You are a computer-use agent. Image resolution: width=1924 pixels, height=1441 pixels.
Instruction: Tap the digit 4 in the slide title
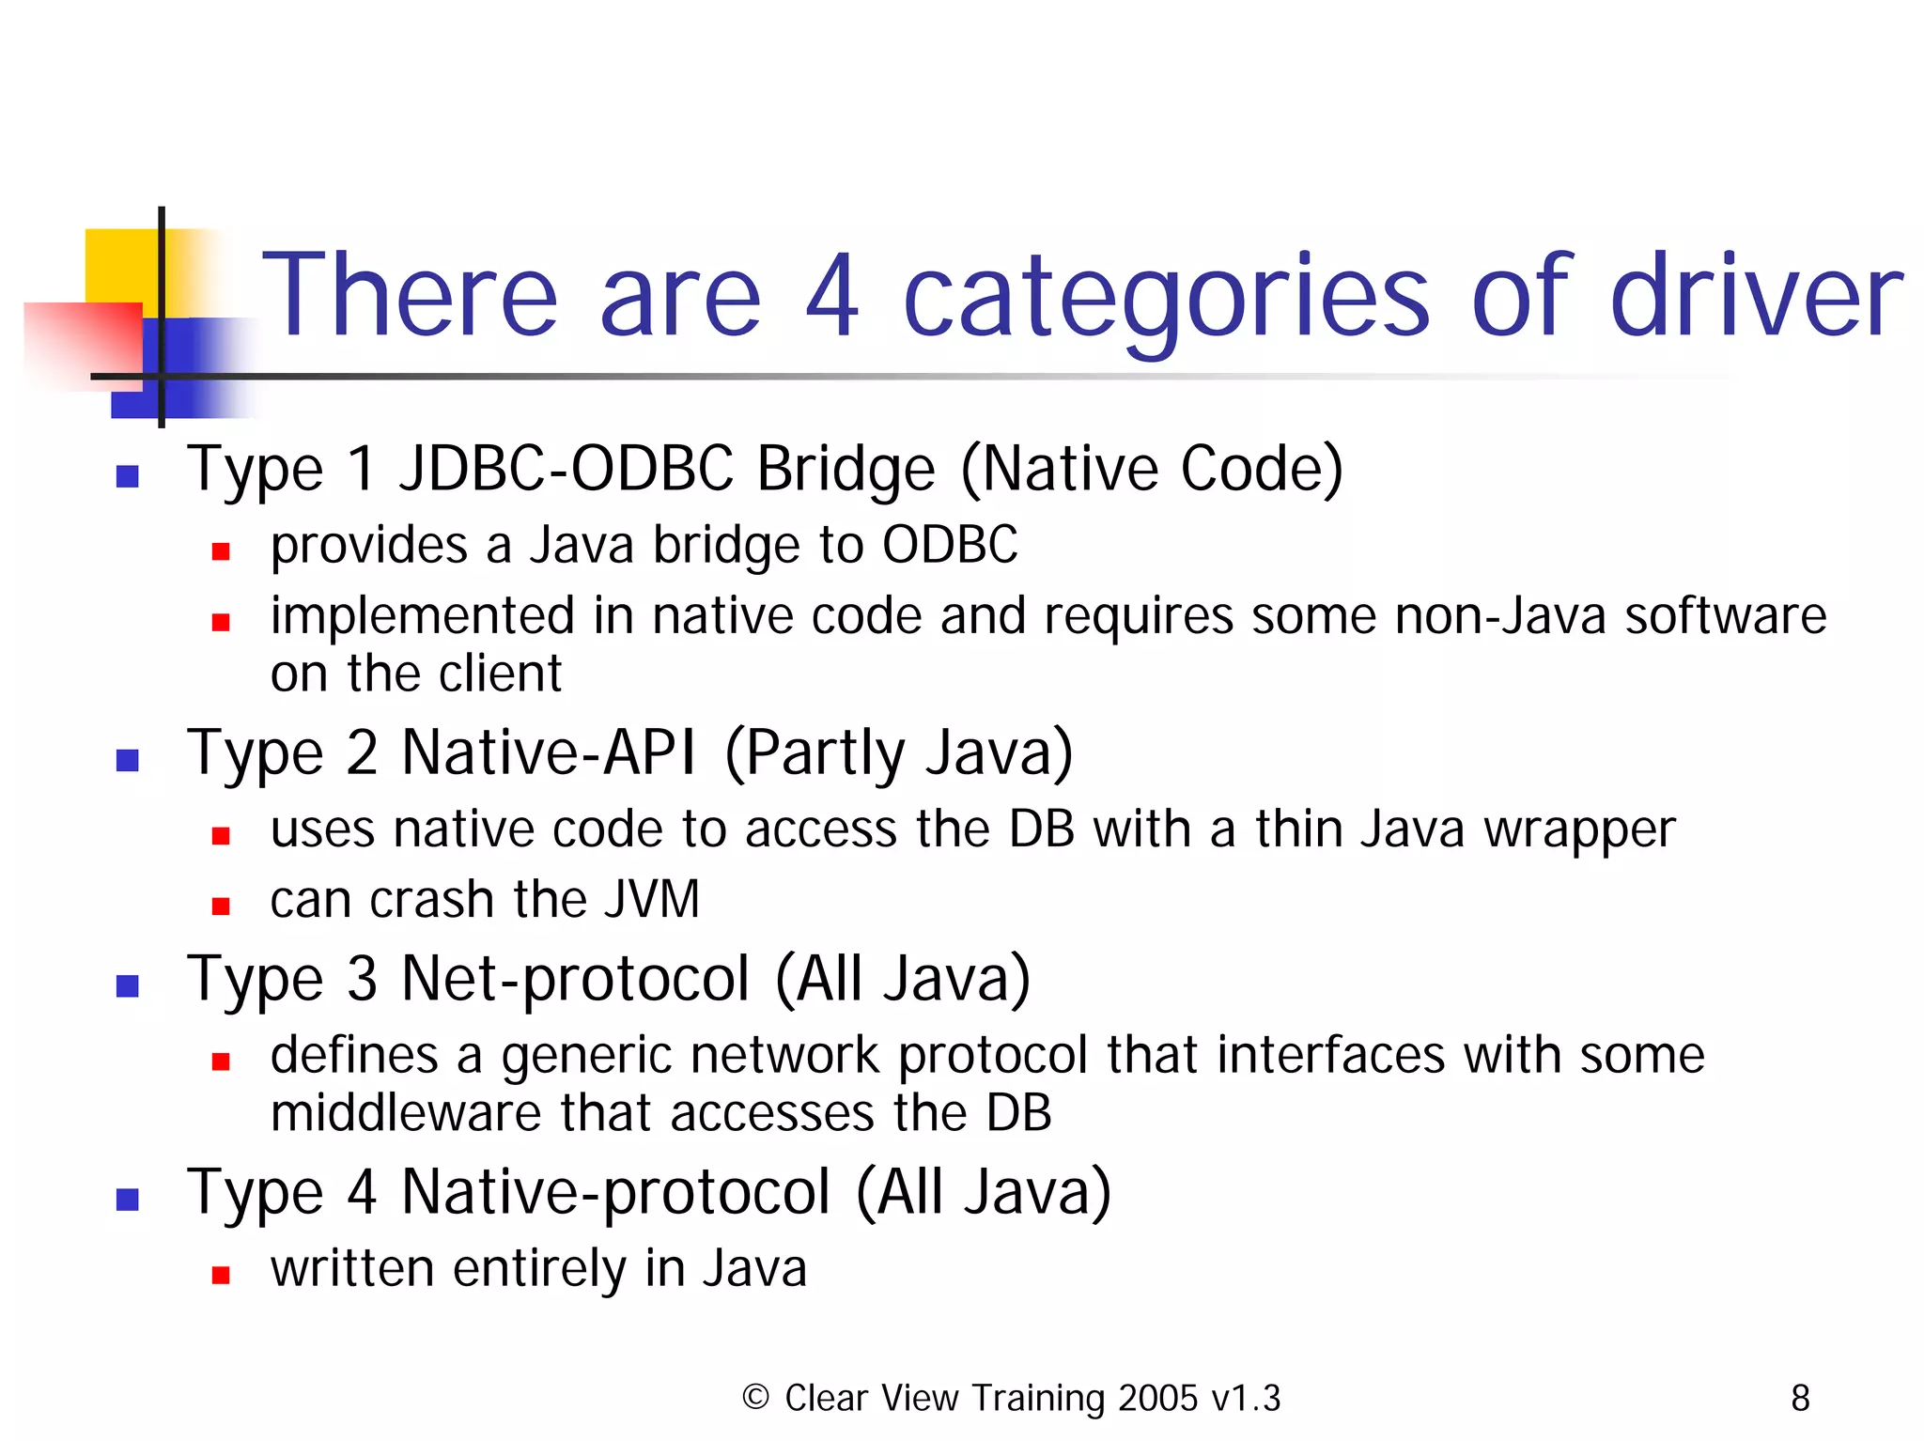(832, 297)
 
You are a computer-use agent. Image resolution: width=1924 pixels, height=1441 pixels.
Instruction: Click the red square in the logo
(83, 343)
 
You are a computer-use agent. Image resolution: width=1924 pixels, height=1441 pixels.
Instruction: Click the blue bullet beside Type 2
(128, 759)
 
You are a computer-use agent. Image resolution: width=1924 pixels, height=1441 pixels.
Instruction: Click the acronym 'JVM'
(652, 899)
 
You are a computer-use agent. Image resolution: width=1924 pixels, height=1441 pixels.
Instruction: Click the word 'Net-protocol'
(575, 979)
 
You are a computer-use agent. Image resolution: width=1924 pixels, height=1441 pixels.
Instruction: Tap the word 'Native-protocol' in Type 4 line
(615, 1192)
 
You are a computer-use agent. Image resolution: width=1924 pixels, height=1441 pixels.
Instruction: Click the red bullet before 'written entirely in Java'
(221, 1275)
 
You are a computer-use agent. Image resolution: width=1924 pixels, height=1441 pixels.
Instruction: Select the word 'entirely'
(540, 1269)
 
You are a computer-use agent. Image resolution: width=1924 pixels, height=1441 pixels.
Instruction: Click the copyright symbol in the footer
(755, 1397)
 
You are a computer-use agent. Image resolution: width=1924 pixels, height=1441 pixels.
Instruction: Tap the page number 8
(1800, 1398)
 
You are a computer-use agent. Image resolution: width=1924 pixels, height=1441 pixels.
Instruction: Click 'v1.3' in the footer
(1245, 1398)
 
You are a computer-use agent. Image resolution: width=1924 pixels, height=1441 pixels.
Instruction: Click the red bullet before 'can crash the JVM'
(221, 906)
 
